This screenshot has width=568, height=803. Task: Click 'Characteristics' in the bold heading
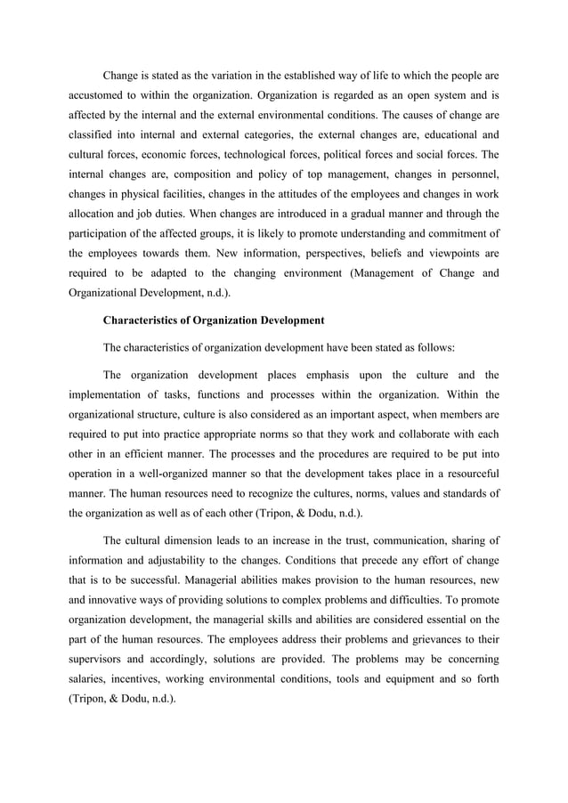coord(148,320)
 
